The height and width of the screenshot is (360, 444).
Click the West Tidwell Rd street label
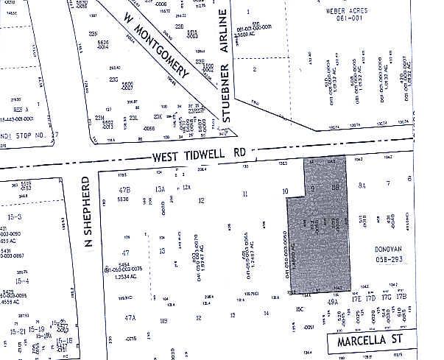click(x=198, y=156)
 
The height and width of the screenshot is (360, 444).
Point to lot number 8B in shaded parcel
click(x=335, y=188)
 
